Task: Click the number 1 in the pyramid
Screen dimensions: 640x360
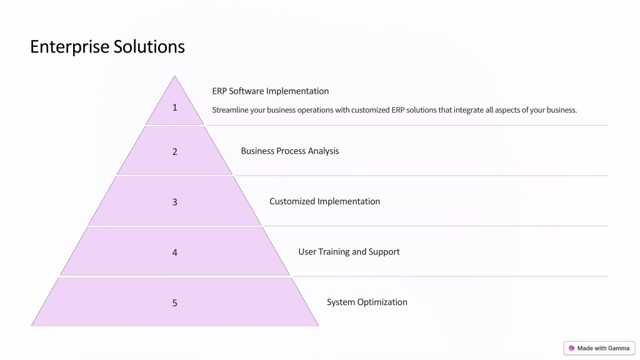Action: (x=175, y=107)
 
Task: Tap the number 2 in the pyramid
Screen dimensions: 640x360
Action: (x=175, y=152)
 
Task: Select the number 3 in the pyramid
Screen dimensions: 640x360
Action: (x=175, y=202)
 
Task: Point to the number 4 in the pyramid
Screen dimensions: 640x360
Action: (x=175, y=252)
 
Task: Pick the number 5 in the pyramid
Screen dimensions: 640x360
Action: (x=175, y=303)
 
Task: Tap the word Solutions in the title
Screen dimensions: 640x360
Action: (x=149, y=46)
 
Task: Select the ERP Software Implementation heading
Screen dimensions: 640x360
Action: (x=270, y=91)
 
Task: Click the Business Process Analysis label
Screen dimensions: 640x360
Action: (x=290, y=151)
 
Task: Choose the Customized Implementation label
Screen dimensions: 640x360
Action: (x=324, y=201)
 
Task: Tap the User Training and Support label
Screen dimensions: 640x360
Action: (x=349, y=252)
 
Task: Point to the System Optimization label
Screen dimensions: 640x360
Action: (x=367, y=302)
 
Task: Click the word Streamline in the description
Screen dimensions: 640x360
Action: (x=230, y=110)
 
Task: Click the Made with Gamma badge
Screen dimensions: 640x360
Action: (x=599, y=348)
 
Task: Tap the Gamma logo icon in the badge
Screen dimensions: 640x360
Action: (x=571, y=348)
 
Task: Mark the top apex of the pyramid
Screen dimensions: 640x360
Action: (x=175, y=76)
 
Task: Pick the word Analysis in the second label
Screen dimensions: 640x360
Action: (x=323, y=151)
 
